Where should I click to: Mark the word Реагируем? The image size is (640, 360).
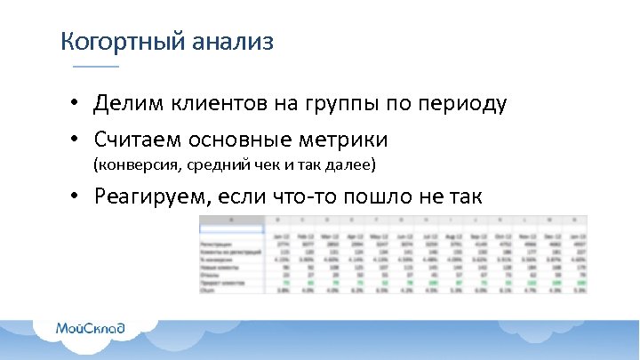(147, 197)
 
